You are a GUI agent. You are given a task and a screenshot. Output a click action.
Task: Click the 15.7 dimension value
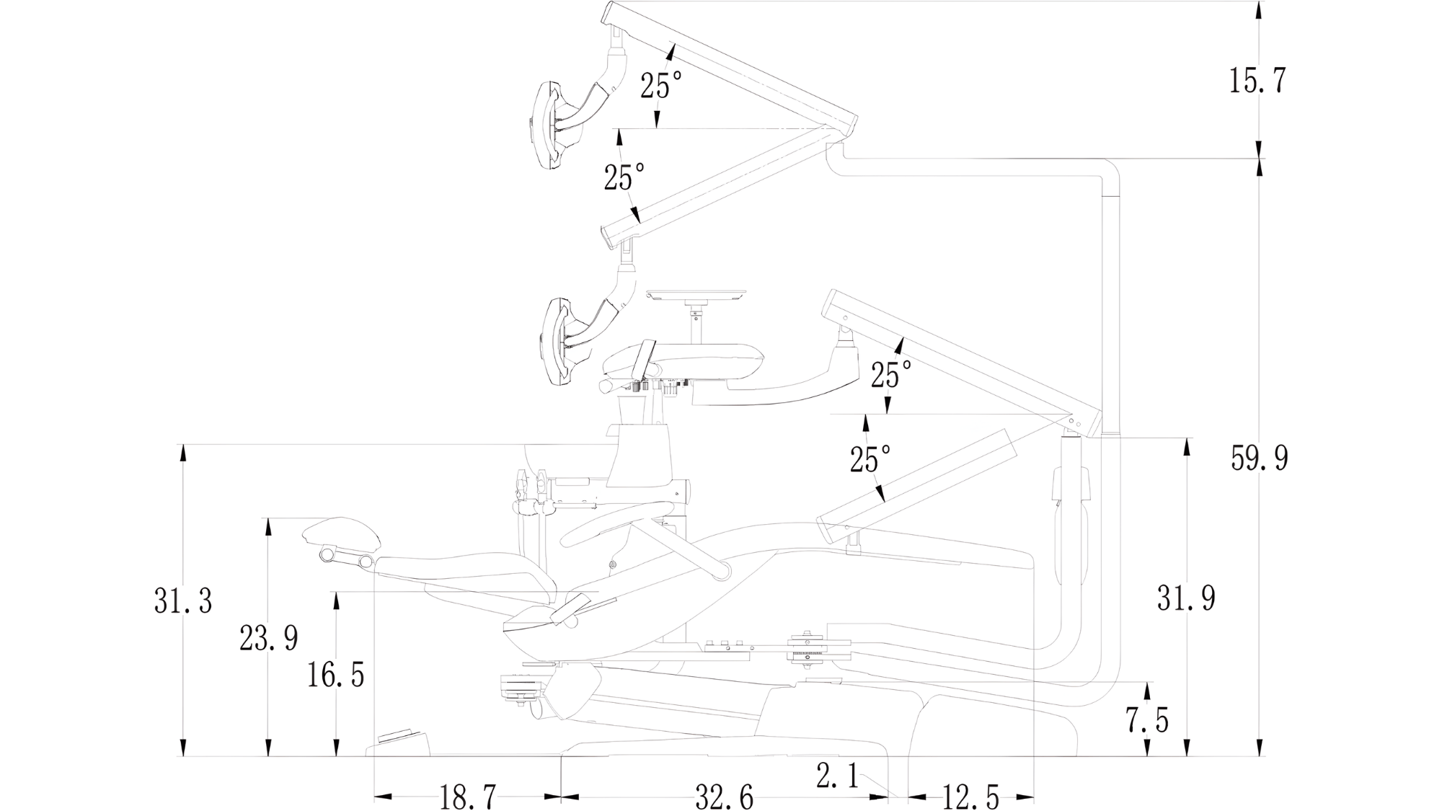coord(1257,80)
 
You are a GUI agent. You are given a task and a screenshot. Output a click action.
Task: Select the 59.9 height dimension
coord(1259,458)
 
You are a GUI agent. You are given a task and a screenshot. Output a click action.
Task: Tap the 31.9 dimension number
coord(1186,598)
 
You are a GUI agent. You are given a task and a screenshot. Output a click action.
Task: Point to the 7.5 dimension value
coord(1147,719)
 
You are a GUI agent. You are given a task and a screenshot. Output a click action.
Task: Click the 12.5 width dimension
coord(970,797)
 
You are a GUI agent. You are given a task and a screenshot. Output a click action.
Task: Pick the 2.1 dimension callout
coord(837,776)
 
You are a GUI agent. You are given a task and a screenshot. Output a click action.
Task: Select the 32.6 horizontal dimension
coord(724,797)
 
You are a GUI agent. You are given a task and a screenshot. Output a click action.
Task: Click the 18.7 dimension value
coord(467,797)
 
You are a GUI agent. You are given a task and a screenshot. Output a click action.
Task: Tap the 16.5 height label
coord(335,675)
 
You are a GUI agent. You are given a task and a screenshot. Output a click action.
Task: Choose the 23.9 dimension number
coord(268,638)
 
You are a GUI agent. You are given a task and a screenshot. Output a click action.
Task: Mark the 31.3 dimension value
coord(183,601)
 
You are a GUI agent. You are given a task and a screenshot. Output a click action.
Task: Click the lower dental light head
coord(557,341)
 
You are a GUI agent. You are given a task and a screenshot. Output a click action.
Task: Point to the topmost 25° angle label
coord(660,86)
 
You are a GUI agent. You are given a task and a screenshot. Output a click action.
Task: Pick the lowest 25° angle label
coord(870,459)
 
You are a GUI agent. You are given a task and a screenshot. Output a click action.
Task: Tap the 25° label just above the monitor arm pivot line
coord(890,375)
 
